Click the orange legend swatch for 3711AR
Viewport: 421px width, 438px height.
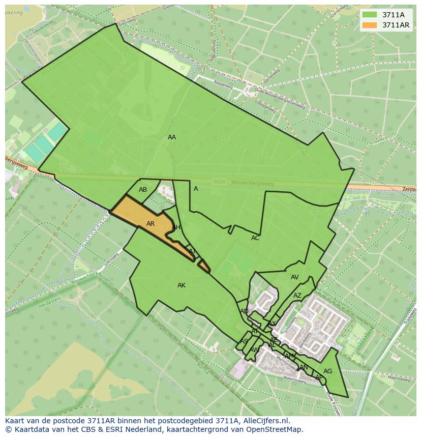pos(370,25)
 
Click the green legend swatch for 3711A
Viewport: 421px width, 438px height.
pos(370,15)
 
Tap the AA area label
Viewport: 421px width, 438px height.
pos(172,137)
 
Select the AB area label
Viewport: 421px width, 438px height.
pos(143,190)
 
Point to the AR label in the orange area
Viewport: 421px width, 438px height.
pos(151,224)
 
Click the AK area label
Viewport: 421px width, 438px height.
pos(182,285)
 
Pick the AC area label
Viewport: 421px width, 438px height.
pos(255,238)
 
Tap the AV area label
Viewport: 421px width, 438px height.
pos(295,277)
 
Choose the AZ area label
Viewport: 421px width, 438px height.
pos(297,296)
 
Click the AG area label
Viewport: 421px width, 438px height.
pos(328,371)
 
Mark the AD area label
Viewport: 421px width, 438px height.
pos(245,311)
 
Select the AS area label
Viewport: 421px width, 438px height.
pos(244,341)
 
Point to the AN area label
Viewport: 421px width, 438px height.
pos(304,367)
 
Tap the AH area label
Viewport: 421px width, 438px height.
pos(176,227)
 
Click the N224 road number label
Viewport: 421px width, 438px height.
pos(219,181)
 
